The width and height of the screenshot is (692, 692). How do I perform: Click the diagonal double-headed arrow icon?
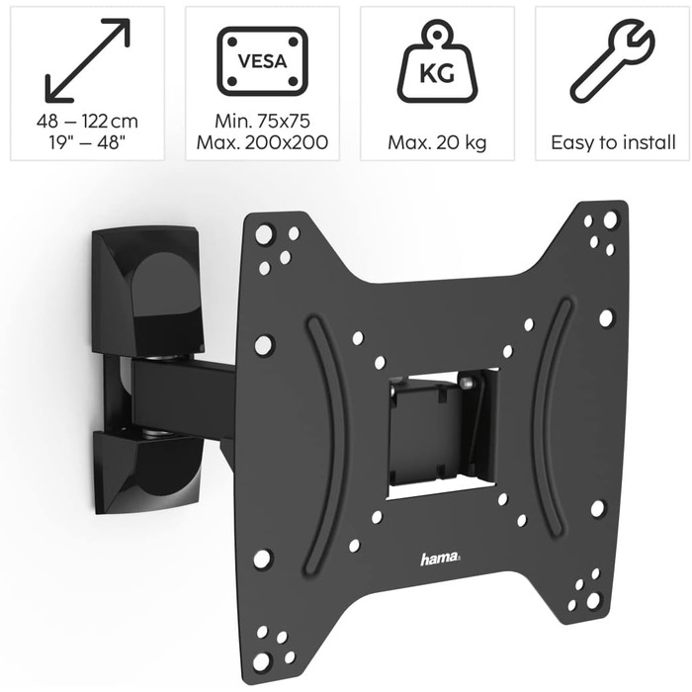tap(87, 60)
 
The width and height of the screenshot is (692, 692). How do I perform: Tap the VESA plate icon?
tap(263, 61)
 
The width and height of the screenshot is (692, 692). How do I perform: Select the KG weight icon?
tap(437, 61)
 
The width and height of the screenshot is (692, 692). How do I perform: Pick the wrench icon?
tap(612, 61)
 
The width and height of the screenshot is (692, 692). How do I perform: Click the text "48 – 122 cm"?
tap(87, 121)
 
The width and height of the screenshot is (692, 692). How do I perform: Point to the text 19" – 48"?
tap(87, 142)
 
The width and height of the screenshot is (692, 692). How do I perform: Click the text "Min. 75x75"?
tap(263, 121)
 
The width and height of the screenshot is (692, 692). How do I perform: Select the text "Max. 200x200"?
tap(263, 142)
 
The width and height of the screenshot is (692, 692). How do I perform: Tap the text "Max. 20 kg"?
tap(437, 142)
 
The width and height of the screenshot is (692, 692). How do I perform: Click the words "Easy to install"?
tap(613, 142)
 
